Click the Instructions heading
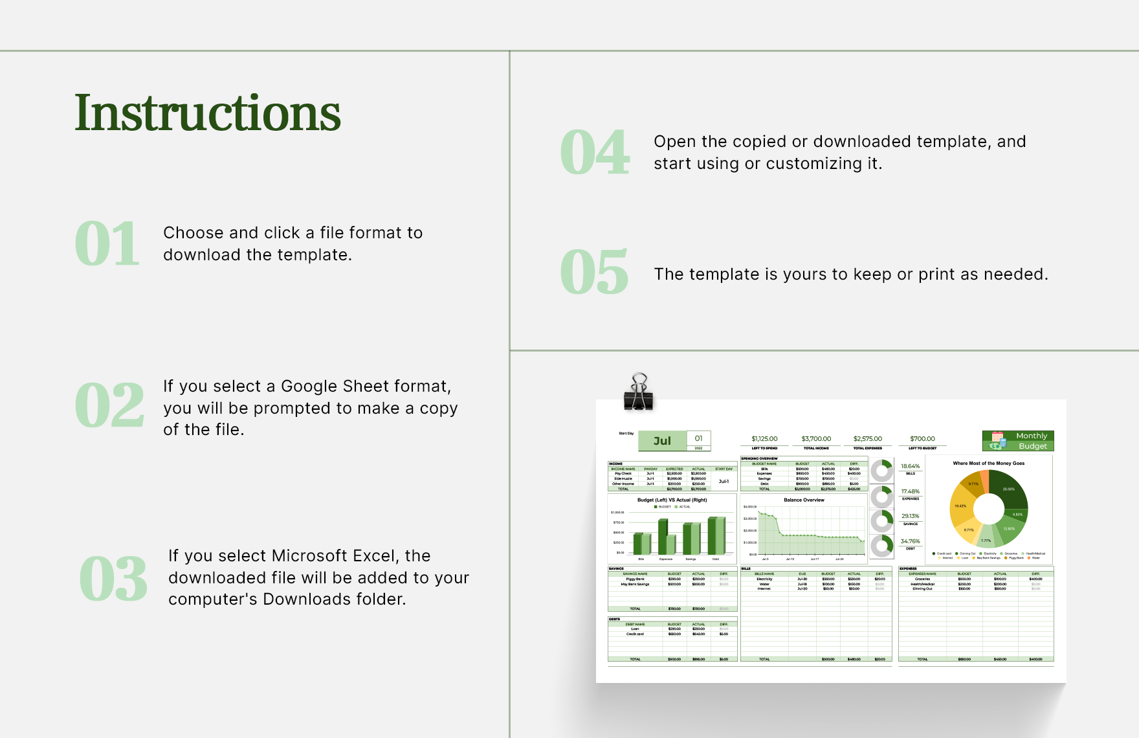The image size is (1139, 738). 207,113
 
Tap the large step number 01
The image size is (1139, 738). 107,244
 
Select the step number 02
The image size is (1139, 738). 109,405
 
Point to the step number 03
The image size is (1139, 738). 113,579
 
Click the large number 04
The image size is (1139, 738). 594,153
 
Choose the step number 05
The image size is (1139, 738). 594,273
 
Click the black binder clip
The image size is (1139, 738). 639,392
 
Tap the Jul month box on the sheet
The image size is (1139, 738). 662,441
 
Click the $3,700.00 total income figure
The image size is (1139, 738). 816,439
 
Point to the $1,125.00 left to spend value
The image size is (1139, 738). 764,439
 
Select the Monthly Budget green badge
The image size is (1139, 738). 1018,441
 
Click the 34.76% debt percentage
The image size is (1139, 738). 910,541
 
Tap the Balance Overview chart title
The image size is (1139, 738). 804,500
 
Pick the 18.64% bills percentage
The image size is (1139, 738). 910,466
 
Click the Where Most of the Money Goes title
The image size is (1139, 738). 988,464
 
